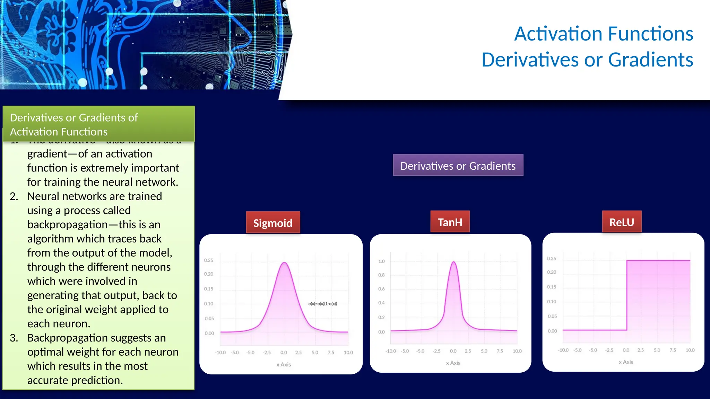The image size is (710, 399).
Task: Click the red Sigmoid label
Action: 273,223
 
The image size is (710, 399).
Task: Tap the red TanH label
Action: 450,222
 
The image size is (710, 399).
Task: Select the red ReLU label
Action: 622,222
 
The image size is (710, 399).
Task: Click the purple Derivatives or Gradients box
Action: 458,166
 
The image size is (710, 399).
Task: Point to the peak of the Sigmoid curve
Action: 284,263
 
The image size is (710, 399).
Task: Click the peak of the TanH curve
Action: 453,262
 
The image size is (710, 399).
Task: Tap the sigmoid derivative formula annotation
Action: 322,304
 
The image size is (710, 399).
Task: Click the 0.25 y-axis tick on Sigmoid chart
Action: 208,260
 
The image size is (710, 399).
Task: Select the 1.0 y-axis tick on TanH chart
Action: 381,261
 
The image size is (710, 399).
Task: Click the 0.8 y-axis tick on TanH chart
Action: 381,275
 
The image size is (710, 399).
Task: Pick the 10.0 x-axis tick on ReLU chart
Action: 690,350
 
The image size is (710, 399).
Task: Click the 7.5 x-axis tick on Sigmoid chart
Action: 331,352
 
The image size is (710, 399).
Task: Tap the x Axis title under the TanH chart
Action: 453,363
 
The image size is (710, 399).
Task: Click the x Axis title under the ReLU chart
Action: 626,362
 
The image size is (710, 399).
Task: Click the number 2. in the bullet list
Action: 14,196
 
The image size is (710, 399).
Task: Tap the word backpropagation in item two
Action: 68,224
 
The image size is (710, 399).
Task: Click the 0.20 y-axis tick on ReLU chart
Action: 551,272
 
